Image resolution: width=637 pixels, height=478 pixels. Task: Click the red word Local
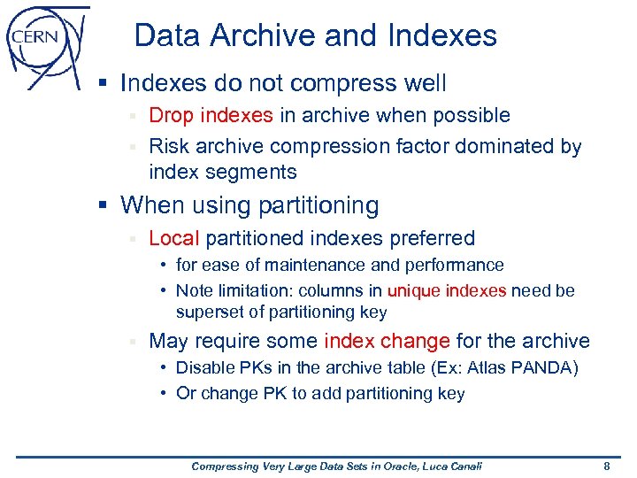point(174,238)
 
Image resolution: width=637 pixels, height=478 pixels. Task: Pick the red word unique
point(414,290)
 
